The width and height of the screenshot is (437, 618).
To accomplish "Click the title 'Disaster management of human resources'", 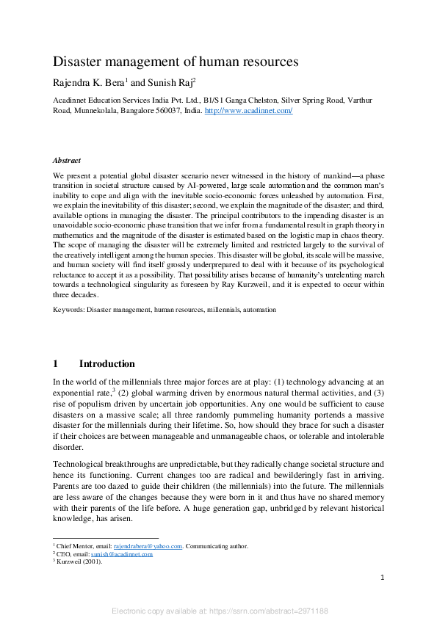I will pyautogui.click(x=176, y=62).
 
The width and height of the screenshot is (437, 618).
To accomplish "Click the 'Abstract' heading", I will pyautogui.click(x=67, y=159).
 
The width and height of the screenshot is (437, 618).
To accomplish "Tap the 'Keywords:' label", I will pyautogui.click(x=68, y=310).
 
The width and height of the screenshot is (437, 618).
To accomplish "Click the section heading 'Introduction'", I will pyautogui.click(x=106, y=364).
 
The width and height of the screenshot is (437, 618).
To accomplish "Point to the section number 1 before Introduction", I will pyautogui.click(x=56, y=364).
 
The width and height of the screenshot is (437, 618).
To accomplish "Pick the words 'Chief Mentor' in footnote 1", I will pyautogui.click(x=75, y=546).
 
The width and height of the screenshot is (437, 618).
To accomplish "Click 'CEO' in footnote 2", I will pyautogui.click(x=63, y=554).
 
